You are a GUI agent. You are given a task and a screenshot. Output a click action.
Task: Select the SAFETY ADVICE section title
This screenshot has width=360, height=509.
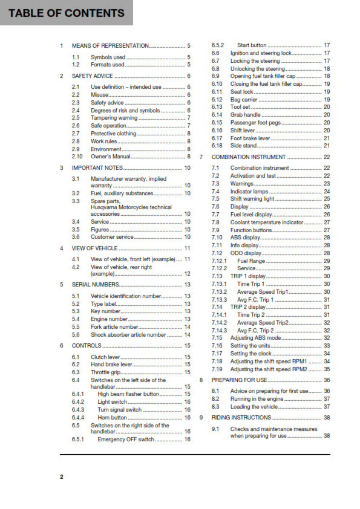tap(92, 76)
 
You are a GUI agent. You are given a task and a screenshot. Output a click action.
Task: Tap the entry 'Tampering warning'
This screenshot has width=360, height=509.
tap(113, 118)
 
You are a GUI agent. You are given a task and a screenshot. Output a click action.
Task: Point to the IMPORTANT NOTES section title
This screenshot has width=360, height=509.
tap(97, 167)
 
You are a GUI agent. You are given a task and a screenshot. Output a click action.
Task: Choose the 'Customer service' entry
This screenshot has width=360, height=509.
tap(112, 237)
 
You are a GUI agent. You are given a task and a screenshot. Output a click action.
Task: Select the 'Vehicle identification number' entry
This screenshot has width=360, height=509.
tap(126, 296)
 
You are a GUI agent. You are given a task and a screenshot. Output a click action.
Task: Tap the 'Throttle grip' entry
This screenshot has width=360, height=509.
tap(107, 372)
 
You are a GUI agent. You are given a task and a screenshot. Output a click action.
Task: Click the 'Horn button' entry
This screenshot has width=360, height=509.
tap(112, 417)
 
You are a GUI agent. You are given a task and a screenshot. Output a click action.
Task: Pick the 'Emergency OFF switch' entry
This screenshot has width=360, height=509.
tap(126, 439)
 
